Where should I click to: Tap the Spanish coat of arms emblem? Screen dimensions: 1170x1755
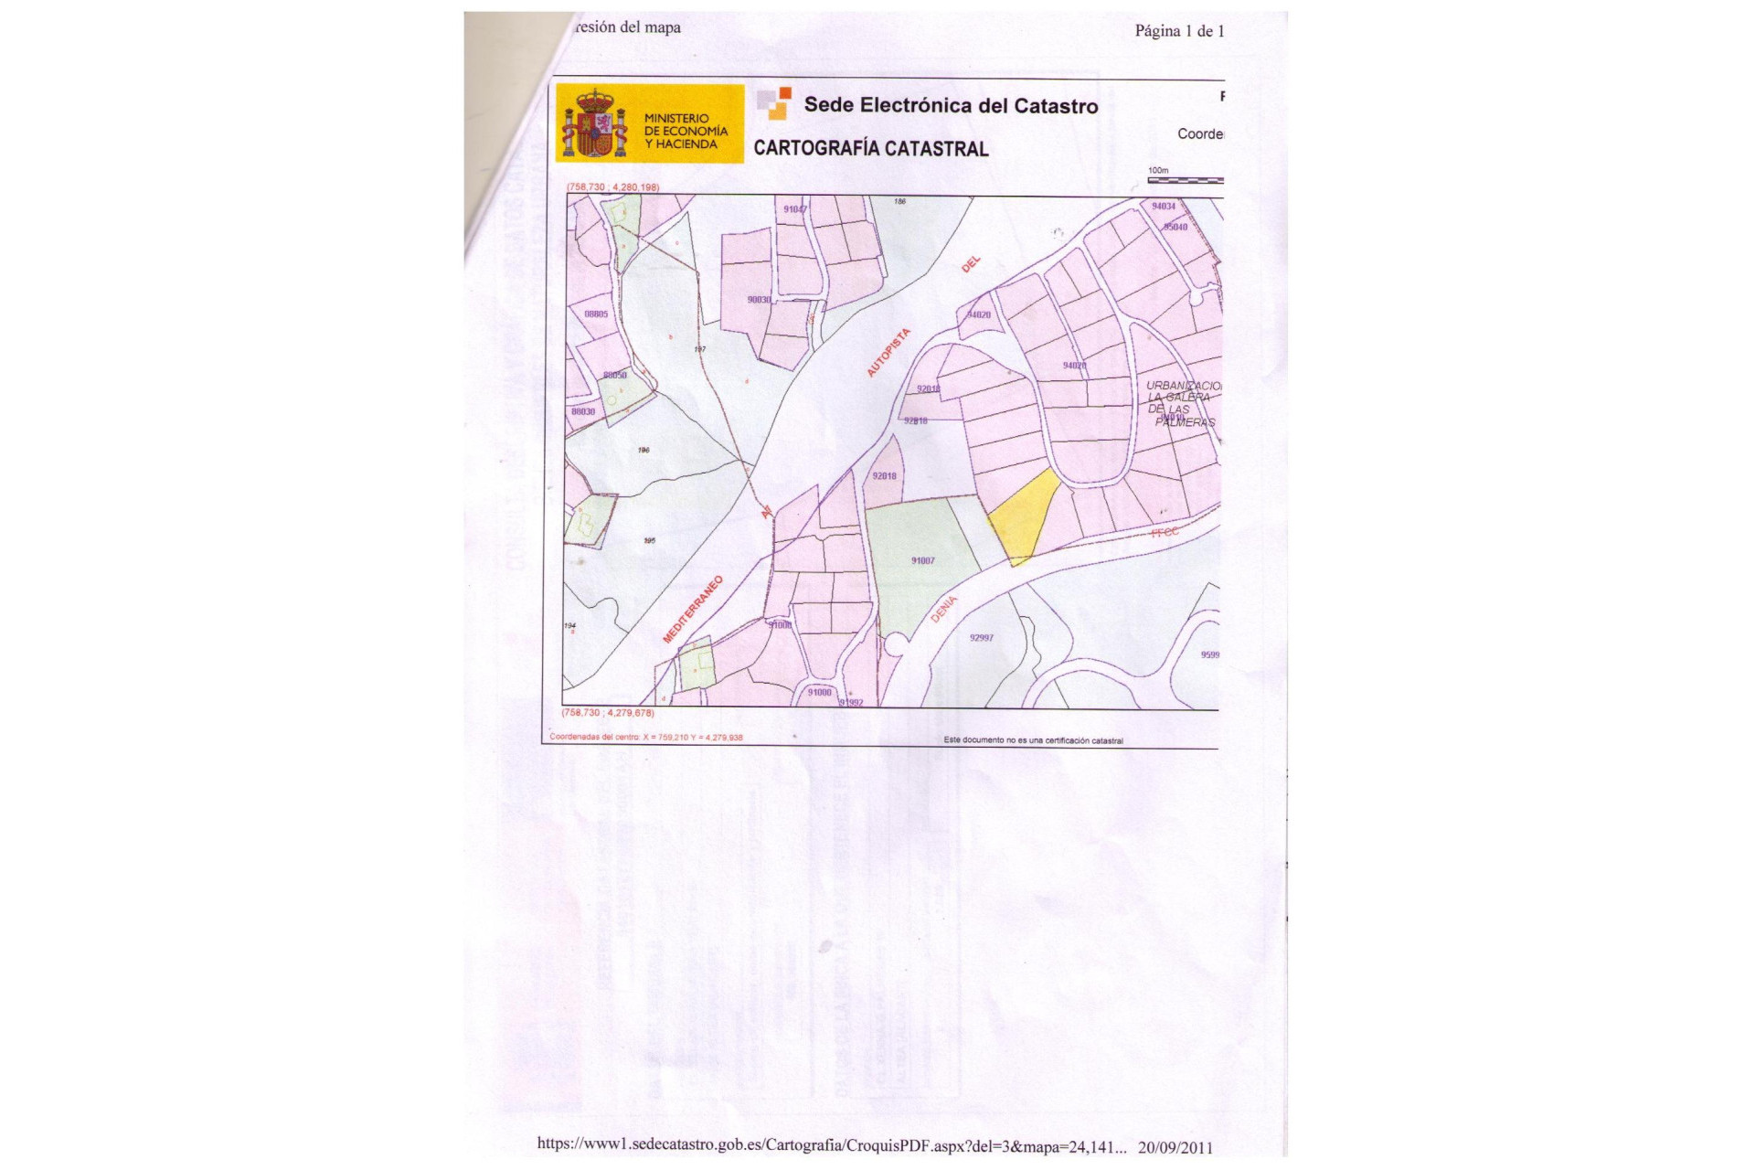click(595, 124)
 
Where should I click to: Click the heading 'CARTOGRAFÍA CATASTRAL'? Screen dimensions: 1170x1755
click(870, 149)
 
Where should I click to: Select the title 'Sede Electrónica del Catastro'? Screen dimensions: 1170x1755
click(951, 106)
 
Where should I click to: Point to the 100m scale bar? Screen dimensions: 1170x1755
click(1185, 179)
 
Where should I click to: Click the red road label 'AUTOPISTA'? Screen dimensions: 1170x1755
click(888, 352)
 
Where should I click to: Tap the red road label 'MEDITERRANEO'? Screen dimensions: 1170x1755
click(693, 609)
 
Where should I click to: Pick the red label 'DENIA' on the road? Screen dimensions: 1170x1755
click(943, 609)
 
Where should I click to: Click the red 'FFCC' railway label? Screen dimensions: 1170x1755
click(1165, 532)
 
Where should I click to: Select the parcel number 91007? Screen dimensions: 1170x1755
click(922, 560)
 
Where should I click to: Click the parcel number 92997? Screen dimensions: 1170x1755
click(981, 638)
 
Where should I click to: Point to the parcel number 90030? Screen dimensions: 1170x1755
click(759, 300)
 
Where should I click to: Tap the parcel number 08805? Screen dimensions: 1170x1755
click(596, 314)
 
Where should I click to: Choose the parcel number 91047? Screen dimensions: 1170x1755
click(795, 209)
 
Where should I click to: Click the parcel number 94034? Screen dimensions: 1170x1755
click(1163, 207)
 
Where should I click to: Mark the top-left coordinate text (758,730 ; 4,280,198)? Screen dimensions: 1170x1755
click(612, 187)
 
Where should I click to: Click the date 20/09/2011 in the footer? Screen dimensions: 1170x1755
click(1175, 1147)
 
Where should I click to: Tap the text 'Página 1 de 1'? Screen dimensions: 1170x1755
click(1179, 31)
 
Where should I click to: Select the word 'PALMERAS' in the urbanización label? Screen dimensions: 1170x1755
click(1185, 422)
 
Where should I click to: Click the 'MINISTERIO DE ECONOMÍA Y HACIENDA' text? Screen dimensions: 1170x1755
click(686, 132)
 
